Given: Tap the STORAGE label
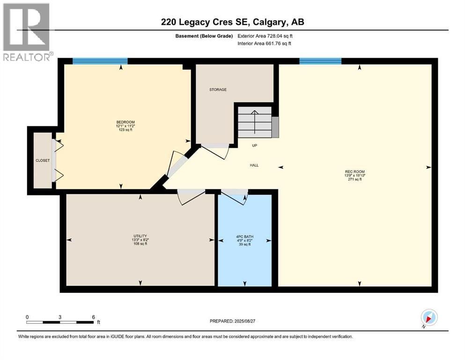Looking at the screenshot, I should tap(218, 90).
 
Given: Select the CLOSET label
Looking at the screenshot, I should tap(43, 160).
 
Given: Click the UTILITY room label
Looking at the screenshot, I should tap(140, 235).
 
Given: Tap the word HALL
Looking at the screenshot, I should tap(254, 165).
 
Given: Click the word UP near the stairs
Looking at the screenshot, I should tap(255, 145).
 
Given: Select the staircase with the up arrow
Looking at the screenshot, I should tap(254, 122).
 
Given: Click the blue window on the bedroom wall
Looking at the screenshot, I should tap(100, 61).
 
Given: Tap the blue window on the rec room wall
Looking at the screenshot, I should tap(320, 61).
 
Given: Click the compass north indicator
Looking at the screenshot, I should tap(429, 317).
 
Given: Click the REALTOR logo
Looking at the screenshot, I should tap(26, 32).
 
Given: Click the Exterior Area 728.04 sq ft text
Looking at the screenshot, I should tap(266, 36).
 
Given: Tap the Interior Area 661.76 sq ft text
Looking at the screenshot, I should tap(265, 43).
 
